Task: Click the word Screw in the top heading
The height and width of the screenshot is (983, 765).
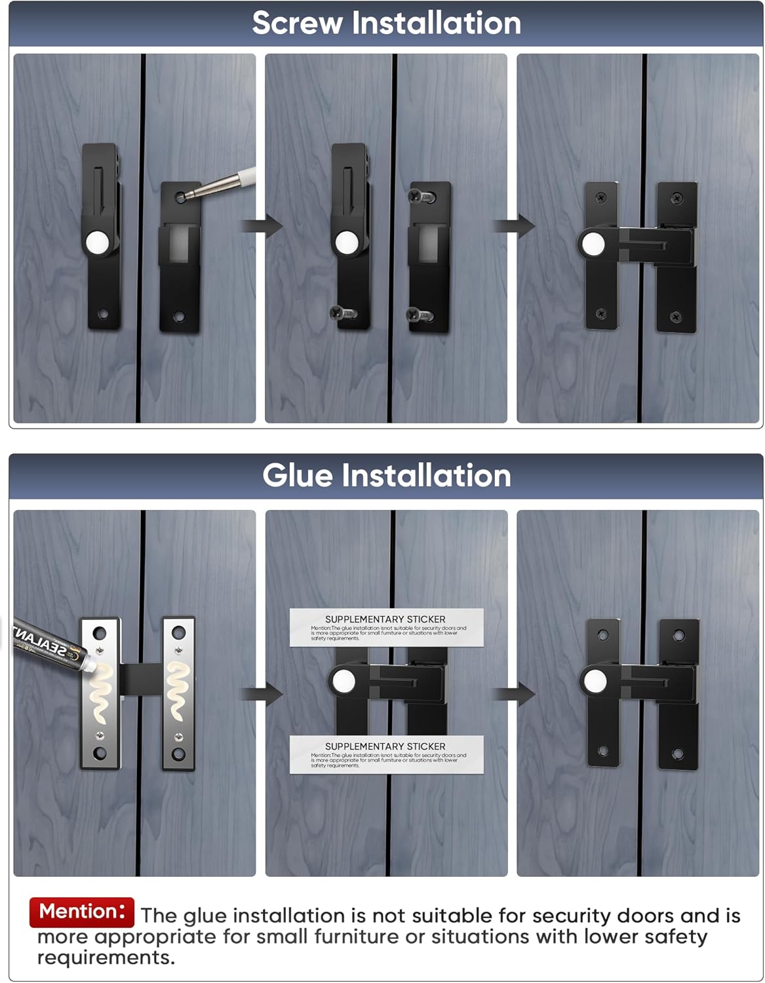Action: pyautogui.click(x=297, y=24)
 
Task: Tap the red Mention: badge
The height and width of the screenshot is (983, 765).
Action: pyautogui.click(x=82, y=912)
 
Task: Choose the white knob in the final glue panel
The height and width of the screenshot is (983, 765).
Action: pyautogui.click(x=595, y=682)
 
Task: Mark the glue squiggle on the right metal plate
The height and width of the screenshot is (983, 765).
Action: pyautogui.click(x=178, y=691)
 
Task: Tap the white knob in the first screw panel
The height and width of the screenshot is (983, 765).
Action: pyautogui.click(x=98, y=242)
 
